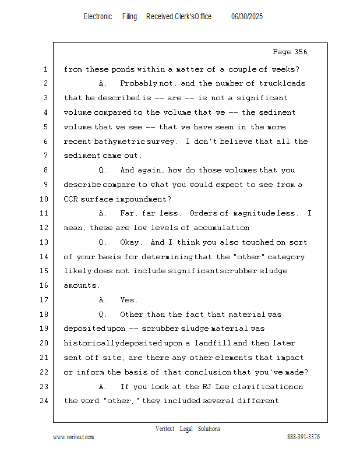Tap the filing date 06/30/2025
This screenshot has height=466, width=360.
[247, 17]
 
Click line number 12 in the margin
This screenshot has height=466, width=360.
[45, 228]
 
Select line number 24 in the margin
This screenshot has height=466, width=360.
[45, 401]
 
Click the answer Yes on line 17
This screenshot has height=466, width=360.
[128, 300]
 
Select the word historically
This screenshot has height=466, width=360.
[91, 343]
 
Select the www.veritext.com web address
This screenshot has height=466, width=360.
[73, 437]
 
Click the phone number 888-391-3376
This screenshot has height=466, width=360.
[303, 437]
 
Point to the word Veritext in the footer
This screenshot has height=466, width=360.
[165, 429]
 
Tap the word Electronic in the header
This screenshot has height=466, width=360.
[98, 17]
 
